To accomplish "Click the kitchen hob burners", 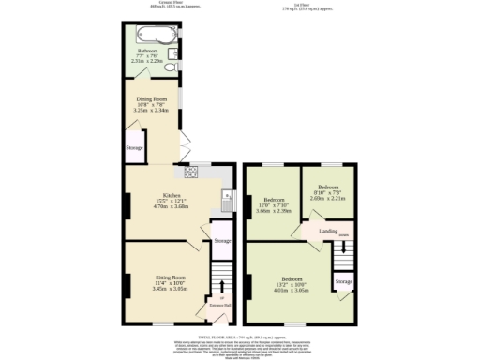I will click(x=193, y=172).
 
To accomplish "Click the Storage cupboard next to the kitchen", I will click(x=221, y=241).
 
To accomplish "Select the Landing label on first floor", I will click(x=328, y=230).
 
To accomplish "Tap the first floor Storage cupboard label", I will click(x=344, y=281).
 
